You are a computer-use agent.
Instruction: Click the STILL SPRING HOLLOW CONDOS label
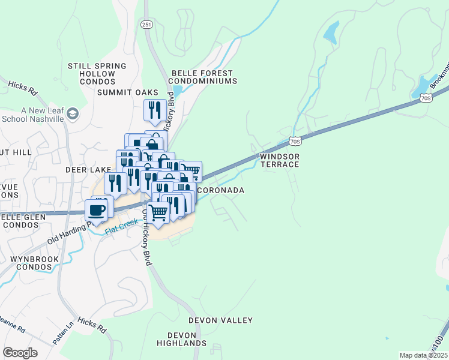click(x=97, y=74)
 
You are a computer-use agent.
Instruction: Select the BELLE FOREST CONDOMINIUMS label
click(x=202, y=77)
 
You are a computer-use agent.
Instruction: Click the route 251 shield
click(x=147, y=24)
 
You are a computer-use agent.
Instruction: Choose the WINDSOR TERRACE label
click(x=279, y=160)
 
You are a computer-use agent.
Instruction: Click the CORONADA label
click(x=221, y=190)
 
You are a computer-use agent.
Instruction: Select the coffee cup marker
click(x=98, y=210)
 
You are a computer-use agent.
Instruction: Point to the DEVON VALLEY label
click(x=220, y=320)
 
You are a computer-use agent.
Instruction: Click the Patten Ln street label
click(x=63, y=334)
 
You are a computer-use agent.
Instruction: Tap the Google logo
click(x=20, y=353)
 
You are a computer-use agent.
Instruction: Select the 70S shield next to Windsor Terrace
click(x=294, y=141)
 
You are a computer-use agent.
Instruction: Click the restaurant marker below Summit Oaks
click(x=154, y=110)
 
